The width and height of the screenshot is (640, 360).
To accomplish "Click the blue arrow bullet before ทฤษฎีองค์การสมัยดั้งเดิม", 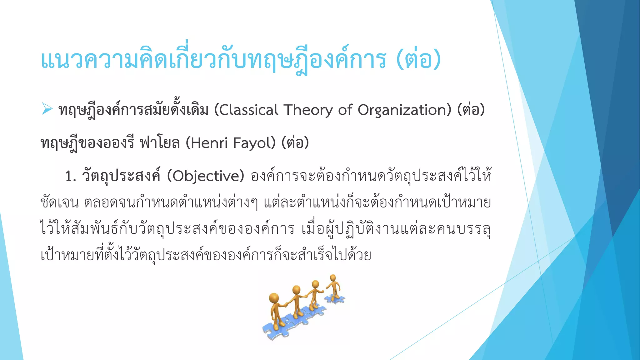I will (x=47, y=109).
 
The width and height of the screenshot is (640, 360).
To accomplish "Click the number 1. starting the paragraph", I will (x=71, y=176).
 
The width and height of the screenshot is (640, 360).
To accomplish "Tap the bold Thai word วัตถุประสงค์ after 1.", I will (x=121, y=176).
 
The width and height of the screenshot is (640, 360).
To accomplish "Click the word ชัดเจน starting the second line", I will (x=59, y=203).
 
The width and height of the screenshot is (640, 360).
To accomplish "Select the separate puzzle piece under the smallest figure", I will (x=334, y=299).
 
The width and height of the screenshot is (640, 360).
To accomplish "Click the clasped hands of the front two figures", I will (x=286, y=304).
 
